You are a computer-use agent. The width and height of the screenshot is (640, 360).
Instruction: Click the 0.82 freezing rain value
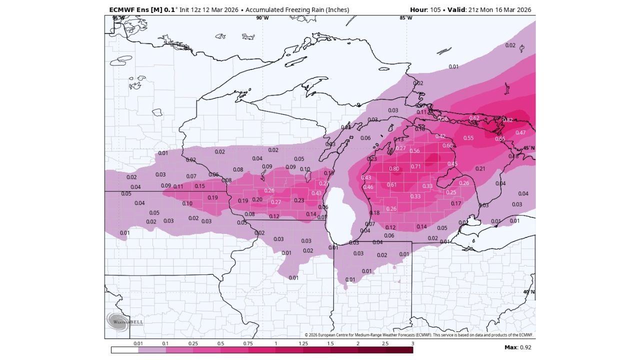pyautogui.click(x=507, y=120)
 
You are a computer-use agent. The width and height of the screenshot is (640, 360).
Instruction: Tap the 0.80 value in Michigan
pyautogui.click(x=394, y=169)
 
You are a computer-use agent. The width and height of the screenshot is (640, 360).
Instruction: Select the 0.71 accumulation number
pyautogui.click(x=416, y=166)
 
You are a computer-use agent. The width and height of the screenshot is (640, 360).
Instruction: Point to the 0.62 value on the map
pyautogui.click(x=474, y=118)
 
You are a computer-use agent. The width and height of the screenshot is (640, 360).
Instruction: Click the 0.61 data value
pyautogui.click(x=391, y=185)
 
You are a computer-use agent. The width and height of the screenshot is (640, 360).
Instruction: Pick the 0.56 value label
pyautogui.click(x=414, y=151)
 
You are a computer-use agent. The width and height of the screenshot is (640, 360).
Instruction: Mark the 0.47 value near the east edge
pyautogui.click(x=520, y=132)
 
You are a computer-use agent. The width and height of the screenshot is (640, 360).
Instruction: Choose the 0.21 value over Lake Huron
pyautogui.click(x=480, y=169)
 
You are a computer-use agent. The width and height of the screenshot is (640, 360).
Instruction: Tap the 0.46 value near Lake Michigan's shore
pyautogui.click(x=368, y=187)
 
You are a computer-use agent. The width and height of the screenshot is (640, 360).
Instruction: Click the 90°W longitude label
pyautogui.click(x=262, y=18)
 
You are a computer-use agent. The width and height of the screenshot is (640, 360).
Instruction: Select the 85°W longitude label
pyautogui.click(x=405, y=18)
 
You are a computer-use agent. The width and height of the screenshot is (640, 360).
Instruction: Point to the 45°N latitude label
pyautogui.click(x=528, y=148)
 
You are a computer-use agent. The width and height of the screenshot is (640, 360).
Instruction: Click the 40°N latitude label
pyautogui.click(x=528, y=292)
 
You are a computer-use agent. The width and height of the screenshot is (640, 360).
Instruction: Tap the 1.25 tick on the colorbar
pyautogui.click(x=303, y=344)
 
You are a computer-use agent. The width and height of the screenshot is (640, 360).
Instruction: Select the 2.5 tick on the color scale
pyautogui.click(x=385, y=344)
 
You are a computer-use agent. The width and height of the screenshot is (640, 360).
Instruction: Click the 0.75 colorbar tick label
pyautogui.click(x=248, y=344)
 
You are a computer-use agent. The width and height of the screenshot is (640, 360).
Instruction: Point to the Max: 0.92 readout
pyautogui.click(x=517, y=347)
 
